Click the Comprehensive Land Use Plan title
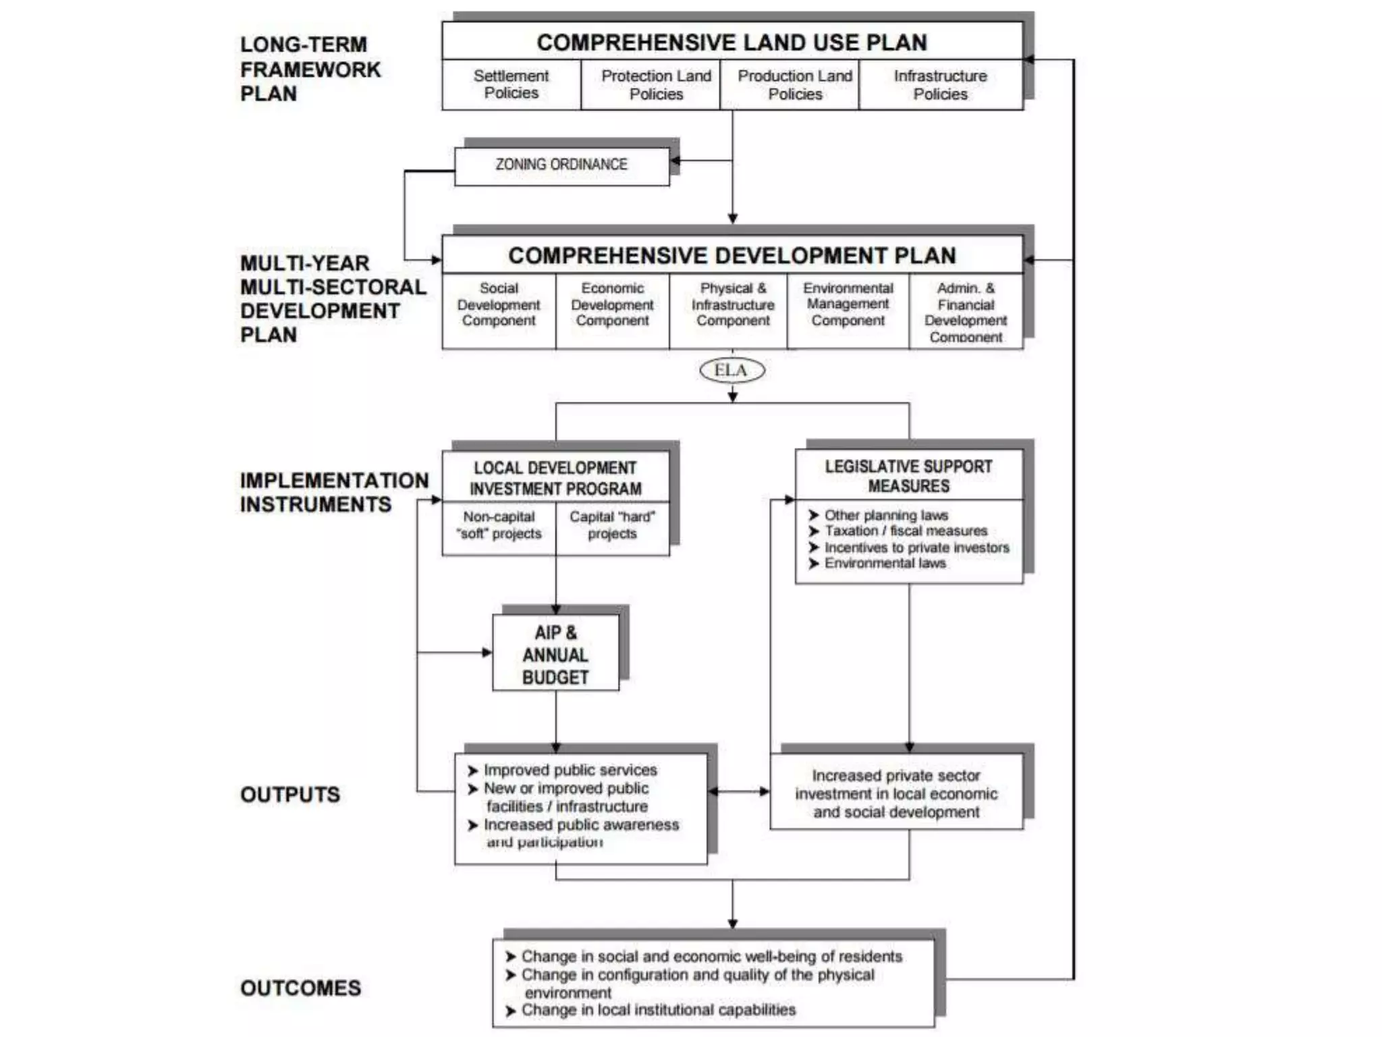731,43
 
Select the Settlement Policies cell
511,84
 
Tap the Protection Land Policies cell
656,85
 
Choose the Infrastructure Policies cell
940,85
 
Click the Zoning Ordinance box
561,165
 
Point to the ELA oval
731,370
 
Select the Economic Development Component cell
612,304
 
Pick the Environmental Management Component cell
848,304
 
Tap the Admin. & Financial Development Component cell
965,312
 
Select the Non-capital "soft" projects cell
499,525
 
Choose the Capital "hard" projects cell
612,525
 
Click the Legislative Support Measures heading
908,476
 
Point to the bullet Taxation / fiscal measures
905,531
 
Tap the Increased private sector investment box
896,793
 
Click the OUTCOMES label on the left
300,988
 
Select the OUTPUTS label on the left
290,795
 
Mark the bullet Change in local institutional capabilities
658,1010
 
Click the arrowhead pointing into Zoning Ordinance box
675,161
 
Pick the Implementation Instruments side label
333,492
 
